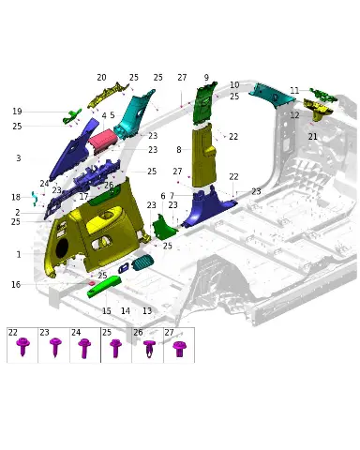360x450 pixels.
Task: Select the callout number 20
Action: click(x=101, y=77)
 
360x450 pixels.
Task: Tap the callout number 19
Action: click(x=17, y=112)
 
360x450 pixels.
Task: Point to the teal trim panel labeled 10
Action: click(x=273, y=94)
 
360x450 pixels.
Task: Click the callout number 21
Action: click(x=313, y=137)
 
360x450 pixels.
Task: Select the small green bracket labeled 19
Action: click(x=72, y=116)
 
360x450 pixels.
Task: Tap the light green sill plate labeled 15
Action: click(x=104, y=287)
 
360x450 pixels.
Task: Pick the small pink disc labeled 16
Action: click(x=92, y=283)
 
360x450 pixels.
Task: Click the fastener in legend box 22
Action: click(x=22, y=346)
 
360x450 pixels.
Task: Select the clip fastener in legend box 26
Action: click(x=149, y=348)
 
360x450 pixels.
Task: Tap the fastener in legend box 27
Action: click(x=179, y=349)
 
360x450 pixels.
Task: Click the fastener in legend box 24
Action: click(x=84, y=348)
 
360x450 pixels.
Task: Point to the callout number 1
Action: click(x=19, y=254)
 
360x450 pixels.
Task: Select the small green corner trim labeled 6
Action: click(x=164, y=227)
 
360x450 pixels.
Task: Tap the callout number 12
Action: click(x=294, y=115)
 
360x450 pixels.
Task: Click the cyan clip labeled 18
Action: click(x=35, y=199)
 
